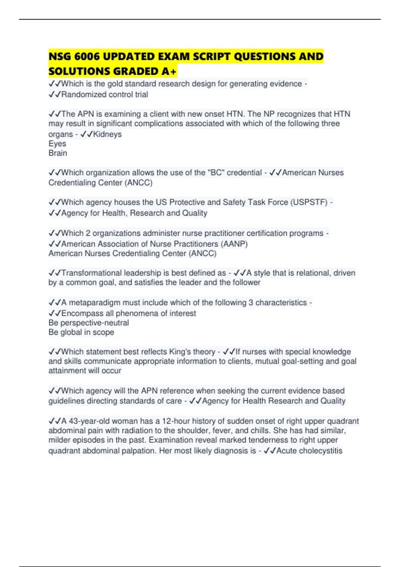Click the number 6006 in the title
[x=87, y=56]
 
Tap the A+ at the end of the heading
[x=169, y=71]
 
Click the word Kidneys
[x=107, y=134]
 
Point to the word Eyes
[x=57, y=144]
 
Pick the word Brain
[x=58, y=153]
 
